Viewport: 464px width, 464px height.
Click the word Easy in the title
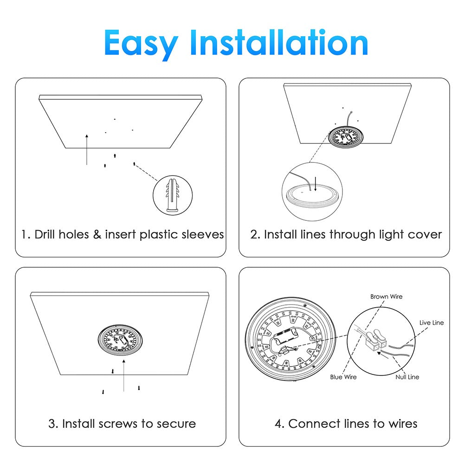click(x=141, y=43)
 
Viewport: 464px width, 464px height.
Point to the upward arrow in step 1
click(x=87, y=149)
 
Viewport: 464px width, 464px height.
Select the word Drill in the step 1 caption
click(x=47, y=234)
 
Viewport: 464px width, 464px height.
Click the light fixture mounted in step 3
click(x=120, y=340)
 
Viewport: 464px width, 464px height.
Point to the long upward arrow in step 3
click(x=124, y=375)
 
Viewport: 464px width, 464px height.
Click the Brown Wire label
click(x=386, y=296)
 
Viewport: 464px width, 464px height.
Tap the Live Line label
click(x=432, y=322)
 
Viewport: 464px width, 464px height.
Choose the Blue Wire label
click(x=343, y=377)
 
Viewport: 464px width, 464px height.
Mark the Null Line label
click(x=407, y=377)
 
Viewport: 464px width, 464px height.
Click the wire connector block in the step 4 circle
click(x=376, y=340)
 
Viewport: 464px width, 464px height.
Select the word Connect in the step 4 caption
click(x=315, y=424)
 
